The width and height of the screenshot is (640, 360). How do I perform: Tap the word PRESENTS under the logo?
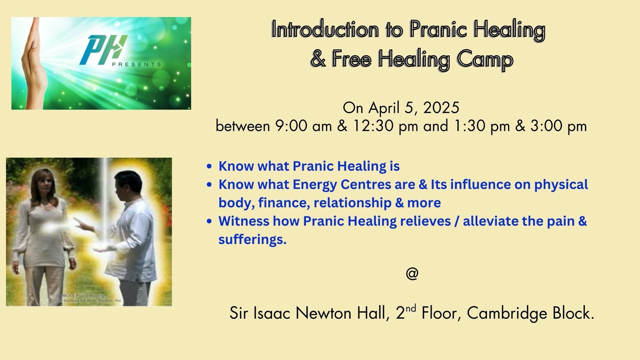click(x=136, y=64)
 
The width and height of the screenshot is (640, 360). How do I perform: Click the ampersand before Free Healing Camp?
click(x=318, y=59)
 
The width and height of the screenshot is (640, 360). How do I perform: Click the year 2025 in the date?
click(x=441, y=108)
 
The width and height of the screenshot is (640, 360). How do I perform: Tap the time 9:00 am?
click(x=303, y=126)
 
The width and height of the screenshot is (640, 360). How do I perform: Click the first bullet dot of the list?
click(x=209, y=166)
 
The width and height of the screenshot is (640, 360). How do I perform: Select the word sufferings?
click(x=252, y=239)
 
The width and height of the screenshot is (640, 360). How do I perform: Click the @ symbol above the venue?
click(x=412, y=274)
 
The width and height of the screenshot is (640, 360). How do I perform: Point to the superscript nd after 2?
click(x=411, y=308)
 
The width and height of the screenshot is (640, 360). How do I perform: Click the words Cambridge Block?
click(x=530, y=313)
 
